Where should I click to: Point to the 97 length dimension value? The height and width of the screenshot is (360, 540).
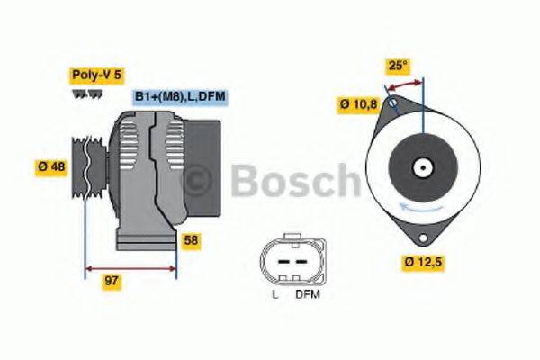pyautogui.click(x=112, y=281)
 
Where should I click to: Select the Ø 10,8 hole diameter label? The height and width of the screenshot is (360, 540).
pyautogui.click(x=357, y=103)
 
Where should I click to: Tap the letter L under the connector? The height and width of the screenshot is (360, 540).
pyautogui.click(x=274, y=294)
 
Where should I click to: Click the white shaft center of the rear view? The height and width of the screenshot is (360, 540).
pyautogui.click(x=419, y=167)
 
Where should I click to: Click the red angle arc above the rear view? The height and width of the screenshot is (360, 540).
pyautogui.click(x=403, y=83)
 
